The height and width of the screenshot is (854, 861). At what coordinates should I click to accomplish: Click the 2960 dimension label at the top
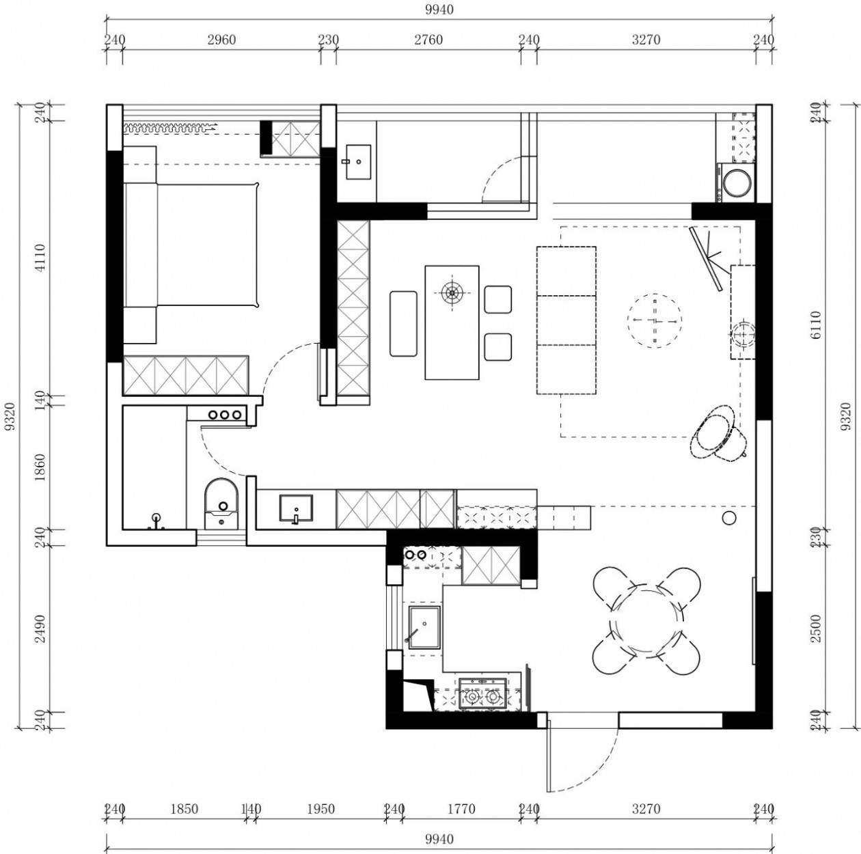pyautogui.click(x=221, y=40)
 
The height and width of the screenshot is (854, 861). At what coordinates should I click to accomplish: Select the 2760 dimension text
pyautogui.click(x=428, y=40)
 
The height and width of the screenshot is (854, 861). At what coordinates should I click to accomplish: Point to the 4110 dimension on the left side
pyautogui.click(x=40, y=258)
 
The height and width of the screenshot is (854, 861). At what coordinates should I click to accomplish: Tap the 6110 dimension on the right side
pyautogui.click(x=814, y=326)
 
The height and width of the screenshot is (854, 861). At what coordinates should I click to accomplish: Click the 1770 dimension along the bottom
pyautogui.click(x=461, y=810)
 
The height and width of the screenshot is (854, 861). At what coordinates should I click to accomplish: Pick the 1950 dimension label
pyautogui.click(x=320, y=810)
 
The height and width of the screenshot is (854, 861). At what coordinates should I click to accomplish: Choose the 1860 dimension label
pyautogui.click(x=40, y=468)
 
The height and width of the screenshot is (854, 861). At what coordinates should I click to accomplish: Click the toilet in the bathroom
pyautogui.click(x=221, y=503)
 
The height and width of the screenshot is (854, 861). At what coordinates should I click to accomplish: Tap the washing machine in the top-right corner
pyautogui.click(x=737, y=182)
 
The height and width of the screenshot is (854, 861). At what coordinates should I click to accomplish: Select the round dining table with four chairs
pyautogui.click(x=647, y=620)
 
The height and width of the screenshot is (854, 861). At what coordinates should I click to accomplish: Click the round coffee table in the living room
pyautogui.click(x=655, y=320)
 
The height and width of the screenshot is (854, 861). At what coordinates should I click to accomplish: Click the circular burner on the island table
pyautogui.click(x=451, y=293)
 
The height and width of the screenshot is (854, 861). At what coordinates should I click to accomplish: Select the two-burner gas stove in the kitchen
pyautogui.click(x=481, y=695)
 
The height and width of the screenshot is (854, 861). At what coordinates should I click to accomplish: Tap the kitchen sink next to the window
pyautogui.click(x=425, y=626)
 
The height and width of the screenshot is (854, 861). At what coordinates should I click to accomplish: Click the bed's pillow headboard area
pyautogui.click(x=140, y=245)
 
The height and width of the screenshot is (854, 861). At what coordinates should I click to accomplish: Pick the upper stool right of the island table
pyautogui.click(x=498, y=299)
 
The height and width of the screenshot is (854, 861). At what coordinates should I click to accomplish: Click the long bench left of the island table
pyautogui.click(x=403, y=323)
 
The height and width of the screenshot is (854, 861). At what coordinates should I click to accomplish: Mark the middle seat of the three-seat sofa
pyautogui.click(x=566, y=320)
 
